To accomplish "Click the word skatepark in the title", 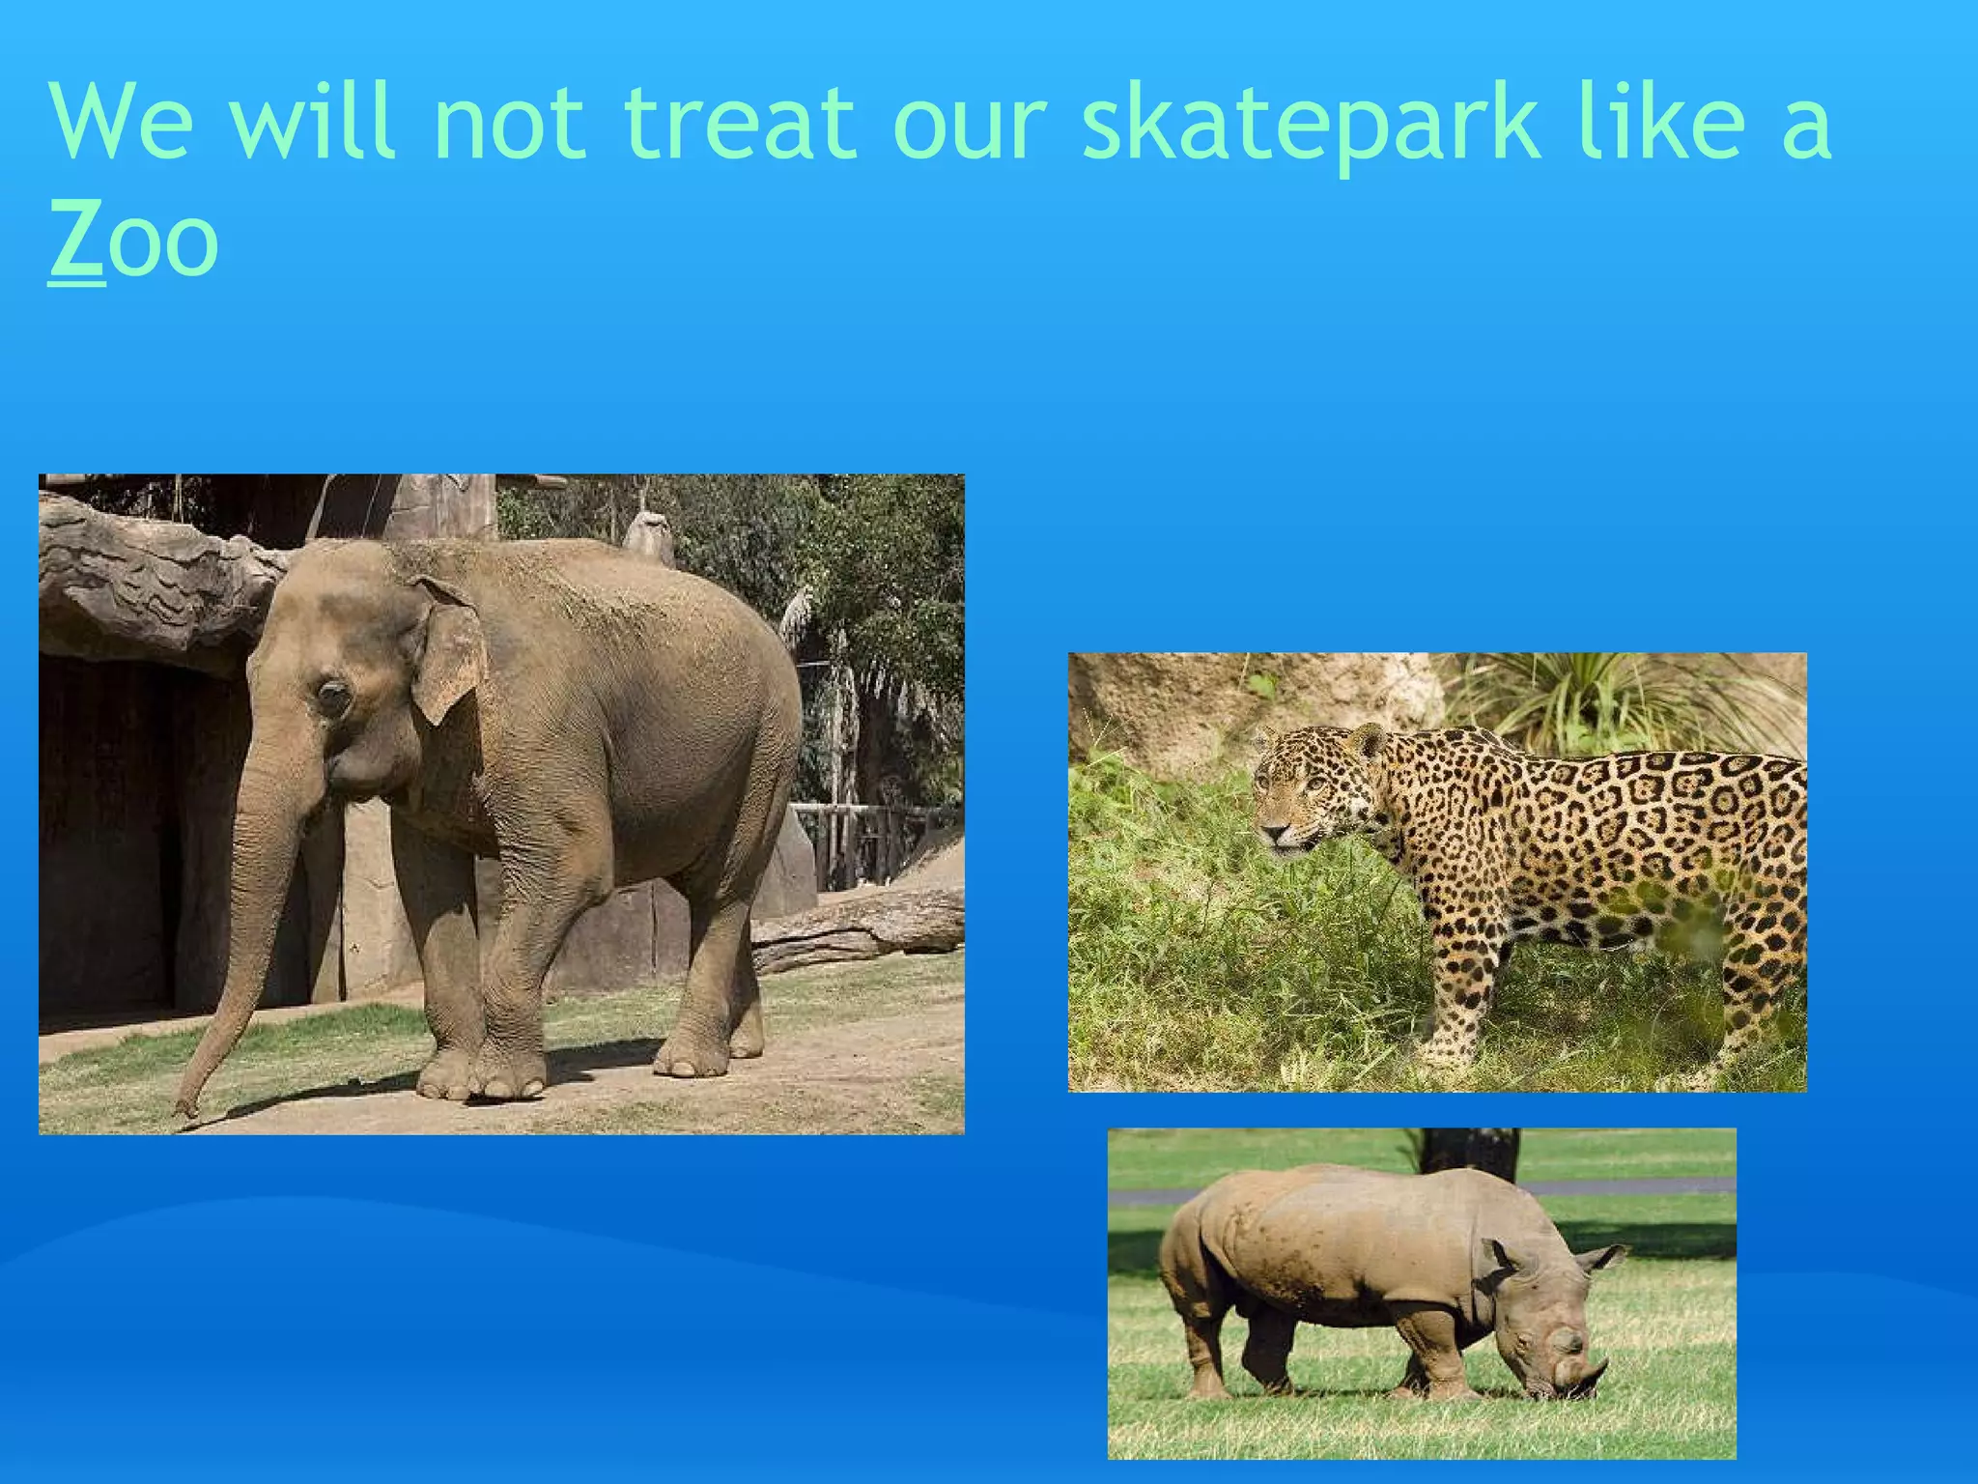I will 1309,126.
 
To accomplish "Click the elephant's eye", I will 333,695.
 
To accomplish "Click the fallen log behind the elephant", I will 860,927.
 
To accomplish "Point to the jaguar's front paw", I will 1444,1053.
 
